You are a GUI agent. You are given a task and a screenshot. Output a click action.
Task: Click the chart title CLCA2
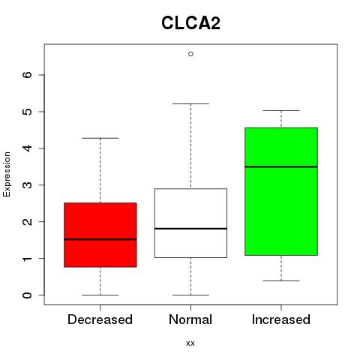190,23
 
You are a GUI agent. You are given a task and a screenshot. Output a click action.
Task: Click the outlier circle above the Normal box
190,54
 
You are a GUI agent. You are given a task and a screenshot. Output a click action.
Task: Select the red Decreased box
100,235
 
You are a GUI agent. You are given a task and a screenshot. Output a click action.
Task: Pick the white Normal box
190,223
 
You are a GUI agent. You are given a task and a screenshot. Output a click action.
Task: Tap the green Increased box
281,191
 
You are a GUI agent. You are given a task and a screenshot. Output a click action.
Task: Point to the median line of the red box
100,239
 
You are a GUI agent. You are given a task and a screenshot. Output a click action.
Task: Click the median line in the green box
281,166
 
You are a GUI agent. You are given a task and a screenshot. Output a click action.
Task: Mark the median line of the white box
190,229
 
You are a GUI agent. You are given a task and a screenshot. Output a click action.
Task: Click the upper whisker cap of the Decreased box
100,138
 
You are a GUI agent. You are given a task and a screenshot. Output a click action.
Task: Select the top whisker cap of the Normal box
190,103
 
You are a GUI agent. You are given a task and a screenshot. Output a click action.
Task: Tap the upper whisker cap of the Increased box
281,110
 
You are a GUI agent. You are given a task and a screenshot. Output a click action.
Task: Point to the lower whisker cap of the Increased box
281,280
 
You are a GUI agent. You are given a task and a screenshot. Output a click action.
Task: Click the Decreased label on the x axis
100,319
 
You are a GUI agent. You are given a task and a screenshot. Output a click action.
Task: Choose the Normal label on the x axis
190,319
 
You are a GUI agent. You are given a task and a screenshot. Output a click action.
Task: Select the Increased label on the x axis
281,319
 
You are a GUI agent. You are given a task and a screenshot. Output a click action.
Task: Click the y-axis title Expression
7,174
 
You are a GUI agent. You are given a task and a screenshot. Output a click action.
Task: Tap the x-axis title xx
190,343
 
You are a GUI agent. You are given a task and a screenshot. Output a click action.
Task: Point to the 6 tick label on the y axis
28,75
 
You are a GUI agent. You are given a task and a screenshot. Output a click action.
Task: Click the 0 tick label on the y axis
28,295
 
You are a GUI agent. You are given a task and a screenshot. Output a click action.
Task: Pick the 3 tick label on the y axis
28,185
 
